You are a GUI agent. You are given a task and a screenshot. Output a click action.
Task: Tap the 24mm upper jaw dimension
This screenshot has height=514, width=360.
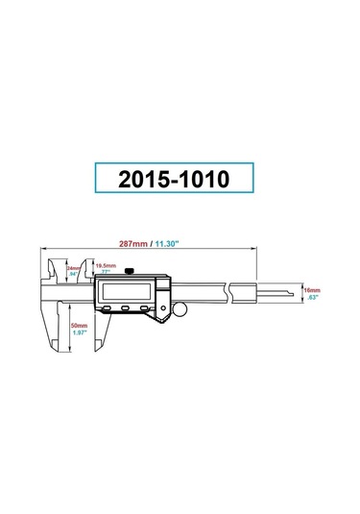72,268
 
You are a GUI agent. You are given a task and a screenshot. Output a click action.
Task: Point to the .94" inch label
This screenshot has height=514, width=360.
72,275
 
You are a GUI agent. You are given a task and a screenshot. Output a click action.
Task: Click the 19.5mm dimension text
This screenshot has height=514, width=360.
107,266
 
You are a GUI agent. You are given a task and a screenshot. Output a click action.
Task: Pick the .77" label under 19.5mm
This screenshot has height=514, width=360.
107,273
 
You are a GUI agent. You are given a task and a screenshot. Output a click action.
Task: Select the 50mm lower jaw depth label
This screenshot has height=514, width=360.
80,327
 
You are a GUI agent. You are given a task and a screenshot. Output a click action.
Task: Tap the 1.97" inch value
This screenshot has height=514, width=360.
81,334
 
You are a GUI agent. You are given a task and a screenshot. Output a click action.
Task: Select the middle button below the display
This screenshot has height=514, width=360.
126,307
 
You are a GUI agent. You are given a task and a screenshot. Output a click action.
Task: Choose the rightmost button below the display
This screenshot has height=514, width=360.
146,307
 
